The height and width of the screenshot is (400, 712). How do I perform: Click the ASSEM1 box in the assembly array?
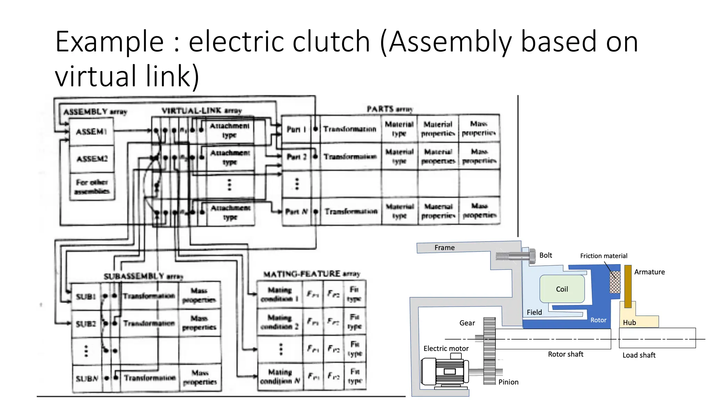(91, 132)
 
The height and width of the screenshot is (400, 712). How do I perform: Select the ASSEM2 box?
(92, 159)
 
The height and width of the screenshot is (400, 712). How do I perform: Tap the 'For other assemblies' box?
(92, 186)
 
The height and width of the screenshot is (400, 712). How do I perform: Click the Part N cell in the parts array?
(296, 211)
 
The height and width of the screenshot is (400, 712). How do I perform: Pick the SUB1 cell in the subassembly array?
(86, 297)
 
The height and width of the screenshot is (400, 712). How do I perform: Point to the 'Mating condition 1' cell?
(280, 294)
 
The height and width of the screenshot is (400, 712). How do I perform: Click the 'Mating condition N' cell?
(280, 376)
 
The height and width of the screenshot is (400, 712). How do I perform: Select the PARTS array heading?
(390, 109)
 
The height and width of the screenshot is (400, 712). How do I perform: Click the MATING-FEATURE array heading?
(311, 274)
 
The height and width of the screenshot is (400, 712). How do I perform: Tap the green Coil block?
(562, 289)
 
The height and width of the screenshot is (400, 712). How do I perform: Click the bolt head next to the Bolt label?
(532, 257)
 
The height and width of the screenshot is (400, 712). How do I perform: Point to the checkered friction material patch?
(615, 282)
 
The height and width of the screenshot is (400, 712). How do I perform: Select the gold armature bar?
(628, 286)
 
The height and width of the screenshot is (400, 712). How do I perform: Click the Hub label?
(629, 323)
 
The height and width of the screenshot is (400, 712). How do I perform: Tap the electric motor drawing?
(444, 372)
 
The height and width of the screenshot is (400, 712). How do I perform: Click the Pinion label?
(508, 382)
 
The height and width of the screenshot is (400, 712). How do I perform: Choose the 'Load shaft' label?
(639, 355)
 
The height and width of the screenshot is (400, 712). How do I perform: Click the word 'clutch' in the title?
(331, 42)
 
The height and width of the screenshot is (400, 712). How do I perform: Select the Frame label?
(444, 248)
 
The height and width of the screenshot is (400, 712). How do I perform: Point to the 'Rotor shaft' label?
(565, 354)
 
